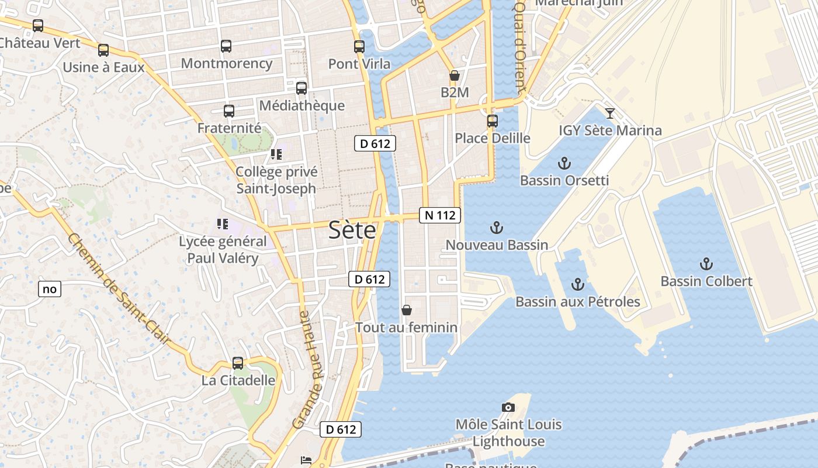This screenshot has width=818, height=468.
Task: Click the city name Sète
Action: (352, 230)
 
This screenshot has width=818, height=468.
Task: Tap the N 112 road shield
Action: (440, 215)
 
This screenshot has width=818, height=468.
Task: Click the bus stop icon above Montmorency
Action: (226, 46)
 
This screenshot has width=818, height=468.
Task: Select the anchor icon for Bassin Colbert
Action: (706, 264)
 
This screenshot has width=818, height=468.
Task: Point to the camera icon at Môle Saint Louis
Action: (508, 407)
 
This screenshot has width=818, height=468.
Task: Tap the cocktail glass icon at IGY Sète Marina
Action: (610, 113)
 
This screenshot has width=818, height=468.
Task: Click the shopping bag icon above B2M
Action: (454, 75)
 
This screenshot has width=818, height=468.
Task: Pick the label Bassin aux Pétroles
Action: (577, 302)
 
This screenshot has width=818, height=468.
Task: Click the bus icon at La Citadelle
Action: (238, 363)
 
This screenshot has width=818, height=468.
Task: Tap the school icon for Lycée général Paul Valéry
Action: (222, 224)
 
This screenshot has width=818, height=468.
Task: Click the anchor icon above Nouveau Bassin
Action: (496, 228)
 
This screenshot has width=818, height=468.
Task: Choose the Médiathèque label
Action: (301, 106)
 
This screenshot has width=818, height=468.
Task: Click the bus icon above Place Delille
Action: (493, 121)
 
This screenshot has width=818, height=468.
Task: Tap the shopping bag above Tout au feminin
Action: (407, 310)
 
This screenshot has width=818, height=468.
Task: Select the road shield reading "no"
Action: (50, 288)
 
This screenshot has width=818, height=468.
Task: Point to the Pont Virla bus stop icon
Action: (359, 47)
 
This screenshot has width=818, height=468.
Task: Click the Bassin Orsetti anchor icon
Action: (564, 163)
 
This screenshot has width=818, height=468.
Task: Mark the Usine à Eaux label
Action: (103, 67)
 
